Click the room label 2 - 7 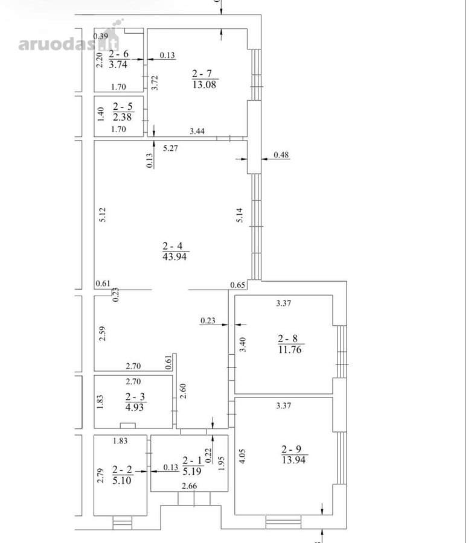202,74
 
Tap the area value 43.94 175,256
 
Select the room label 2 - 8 287,338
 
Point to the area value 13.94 294,460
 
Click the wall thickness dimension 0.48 281,155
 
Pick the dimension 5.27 170,148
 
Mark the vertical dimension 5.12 102,215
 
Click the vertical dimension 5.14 240,215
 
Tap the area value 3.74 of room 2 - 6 118,65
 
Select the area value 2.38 123,117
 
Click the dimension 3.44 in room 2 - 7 197,131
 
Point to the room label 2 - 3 135,396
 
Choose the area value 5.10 122,480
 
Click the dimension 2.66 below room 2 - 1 190,486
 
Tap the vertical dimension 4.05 242,456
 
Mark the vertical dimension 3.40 243,345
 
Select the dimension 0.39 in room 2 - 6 101,36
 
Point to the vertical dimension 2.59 102,334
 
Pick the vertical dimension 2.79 100,476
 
